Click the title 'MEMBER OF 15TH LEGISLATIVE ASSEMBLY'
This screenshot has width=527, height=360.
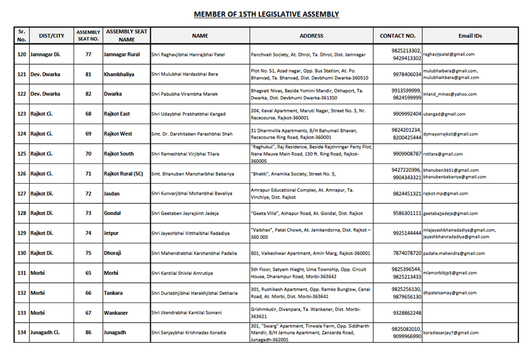[266, 14]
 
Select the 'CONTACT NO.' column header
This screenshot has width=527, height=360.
[397, 36]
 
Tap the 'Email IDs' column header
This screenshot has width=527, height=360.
[470, 36]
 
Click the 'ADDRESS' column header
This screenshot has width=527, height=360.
[311, 36]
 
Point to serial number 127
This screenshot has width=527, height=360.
[22, 194]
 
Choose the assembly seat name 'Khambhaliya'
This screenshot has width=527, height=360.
[119, 74]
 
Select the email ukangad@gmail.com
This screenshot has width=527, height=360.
[444, 114]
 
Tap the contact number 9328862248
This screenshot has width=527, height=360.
[407, 313]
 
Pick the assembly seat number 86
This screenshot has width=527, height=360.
[88, 333]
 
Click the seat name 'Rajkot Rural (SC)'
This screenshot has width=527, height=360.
[123, 174]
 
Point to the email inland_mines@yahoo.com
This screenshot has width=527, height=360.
[449, 94]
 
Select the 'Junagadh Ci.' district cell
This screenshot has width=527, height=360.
[46, 333]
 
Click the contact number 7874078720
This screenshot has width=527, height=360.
[407, 253]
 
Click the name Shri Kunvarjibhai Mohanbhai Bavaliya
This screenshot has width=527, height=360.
[192, 194]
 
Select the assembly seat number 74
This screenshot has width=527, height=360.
[88, 234]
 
